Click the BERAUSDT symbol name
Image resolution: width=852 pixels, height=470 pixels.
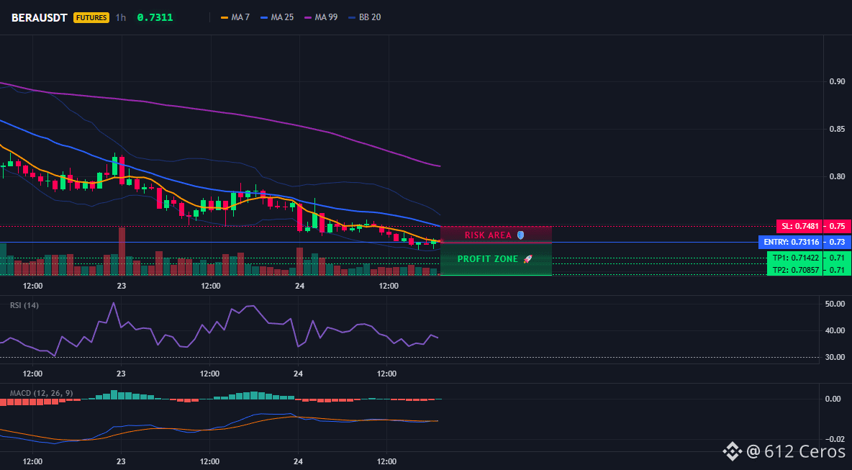click(x=39, y=17)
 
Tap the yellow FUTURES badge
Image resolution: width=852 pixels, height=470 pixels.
click(x=91, y=17)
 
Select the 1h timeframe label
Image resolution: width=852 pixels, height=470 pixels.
click(x=121, y=17)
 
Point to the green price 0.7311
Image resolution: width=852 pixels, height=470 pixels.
click(x=155, y=17)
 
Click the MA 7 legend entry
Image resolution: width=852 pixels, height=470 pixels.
click(x=235, y=17)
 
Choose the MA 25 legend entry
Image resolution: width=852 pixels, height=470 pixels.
click(x=277, y=17)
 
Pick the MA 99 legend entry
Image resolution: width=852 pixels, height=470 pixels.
click(x=321, y=17)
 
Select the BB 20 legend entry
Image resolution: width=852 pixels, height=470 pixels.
click(x=365, y=17)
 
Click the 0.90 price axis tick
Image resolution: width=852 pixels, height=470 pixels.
click(x=837, y=81)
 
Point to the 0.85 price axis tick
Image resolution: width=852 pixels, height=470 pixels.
click(x=837, y=130)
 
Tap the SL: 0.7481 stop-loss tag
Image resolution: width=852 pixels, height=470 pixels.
click(x=799, y=226)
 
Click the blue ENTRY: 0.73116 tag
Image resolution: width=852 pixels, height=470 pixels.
click(x=789, y=242)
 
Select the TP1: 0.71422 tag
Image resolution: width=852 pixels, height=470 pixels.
click(x=794, y=258)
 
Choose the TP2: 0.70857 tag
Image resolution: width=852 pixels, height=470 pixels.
click(x=794, y=269)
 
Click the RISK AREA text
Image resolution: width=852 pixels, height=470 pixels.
click(x=488, y=235)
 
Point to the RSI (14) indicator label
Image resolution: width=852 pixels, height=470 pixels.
click(x=24, y=305)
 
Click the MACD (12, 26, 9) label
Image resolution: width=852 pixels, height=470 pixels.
click(x=41, y=393)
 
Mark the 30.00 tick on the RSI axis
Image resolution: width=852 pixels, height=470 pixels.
click(x=834, y=357)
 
